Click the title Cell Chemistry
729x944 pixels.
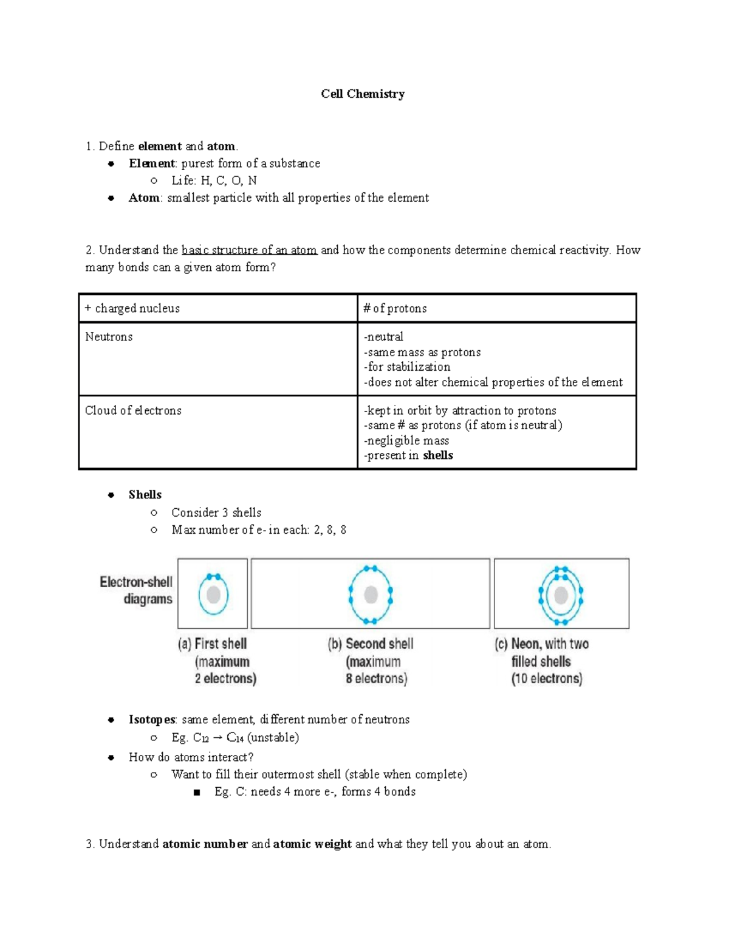click(x=363, y=94)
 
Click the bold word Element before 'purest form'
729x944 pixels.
click(x=151, y=164)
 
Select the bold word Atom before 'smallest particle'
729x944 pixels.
click(x=144, y=198)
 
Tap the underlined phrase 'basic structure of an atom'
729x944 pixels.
click(x=249, y=250)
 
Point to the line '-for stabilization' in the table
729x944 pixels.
click(x=407, y=367)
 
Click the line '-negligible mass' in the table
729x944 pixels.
click(x=406, y=441)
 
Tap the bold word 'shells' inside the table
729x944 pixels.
click(x=438, y=455)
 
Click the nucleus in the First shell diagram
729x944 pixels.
click(x=213, y=594)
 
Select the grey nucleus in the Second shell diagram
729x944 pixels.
click(x=371, y=594)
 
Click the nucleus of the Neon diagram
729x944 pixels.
click(x=561, y=594)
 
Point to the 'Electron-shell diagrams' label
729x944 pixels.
click(x=137, y=590)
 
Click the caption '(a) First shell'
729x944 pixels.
click(x=213, y=644)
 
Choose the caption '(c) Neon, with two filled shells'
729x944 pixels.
click(x=541, y=661)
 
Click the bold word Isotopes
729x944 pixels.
click(x=152, y=720)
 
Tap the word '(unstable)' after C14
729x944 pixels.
click(x=273, y=737)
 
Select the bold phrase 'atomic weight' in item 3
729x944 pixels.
click(x=312, y=844)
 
